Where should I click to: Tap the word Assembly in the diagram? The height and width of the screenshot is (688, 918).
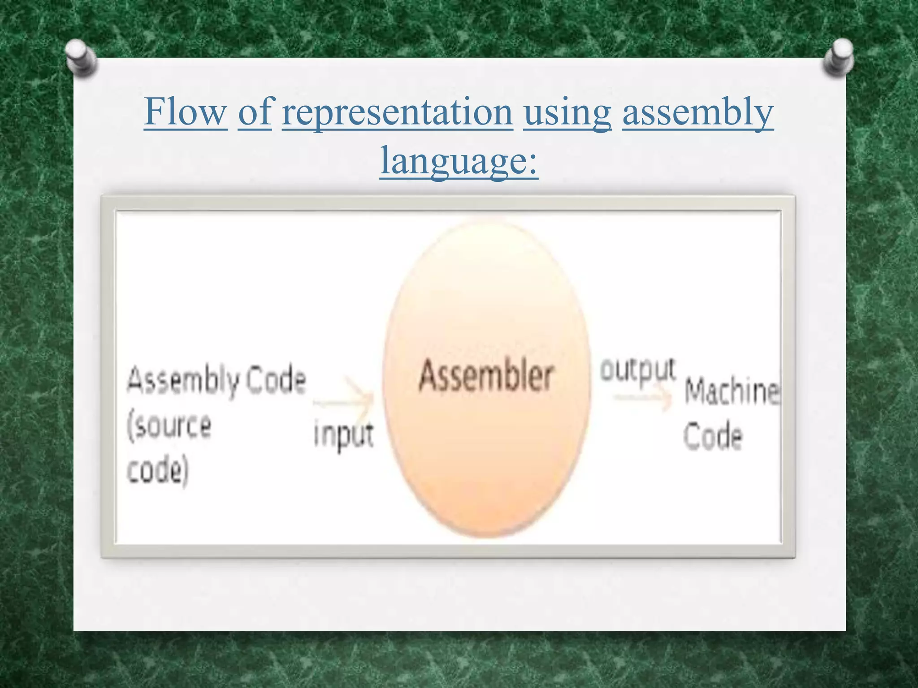pos(183,382)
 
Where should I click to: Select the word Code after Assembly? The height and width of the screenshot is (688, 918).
pos(276,380)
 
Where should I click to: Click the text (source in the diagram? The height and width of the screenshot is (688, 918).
pos(169,426)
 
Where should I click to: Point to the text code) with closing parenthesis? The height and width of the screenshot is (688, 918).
pos(157,471)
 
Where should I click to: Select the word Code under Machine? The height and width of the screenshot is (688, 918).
pos(713,436)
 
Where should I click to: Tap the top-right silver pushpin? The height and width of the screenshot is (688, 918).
pos(839,56)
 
